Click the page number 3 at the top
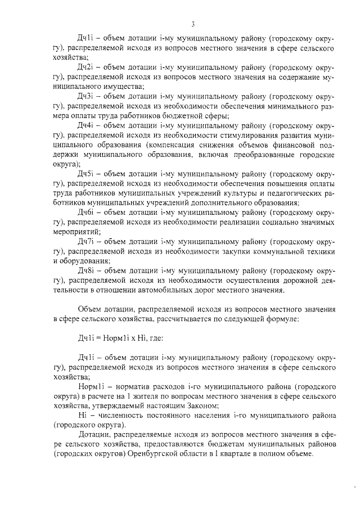[192, 24]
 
